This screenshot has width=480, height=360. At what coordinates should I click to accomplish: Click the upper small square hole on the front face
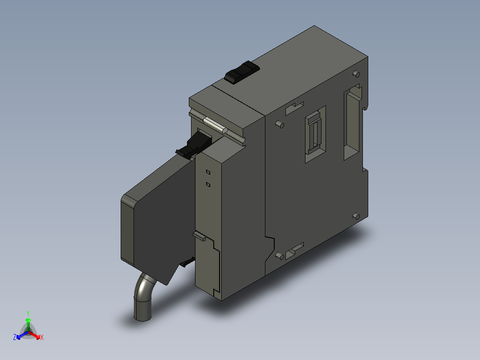[208, 172]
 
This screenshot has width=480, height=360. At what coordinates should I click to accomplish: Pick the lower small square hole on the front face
[208, 184]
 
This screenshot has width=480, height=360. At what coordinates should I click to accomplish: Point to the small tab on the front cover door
[199, 235]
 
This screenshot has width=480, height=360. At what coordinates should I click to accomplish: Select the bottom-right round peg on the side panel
[356, 217]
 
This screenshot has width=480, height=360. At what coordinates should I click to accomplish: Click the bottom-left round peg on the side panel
[279, 256]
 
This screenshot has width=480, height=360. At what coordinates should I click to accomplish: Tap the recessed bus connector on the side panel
[315, 133]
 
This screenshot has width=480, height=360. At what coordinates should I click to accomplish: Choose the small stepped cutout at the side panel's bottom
[294, 250]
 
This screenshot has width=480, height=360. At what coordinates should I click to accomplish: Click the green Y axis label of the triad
[28, 313]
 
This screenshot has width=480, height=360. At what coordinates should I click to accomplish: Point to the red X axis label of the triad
[42, 338]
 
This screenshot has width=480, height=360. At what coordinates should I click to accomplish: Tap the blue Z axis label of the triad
[15, 338]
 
